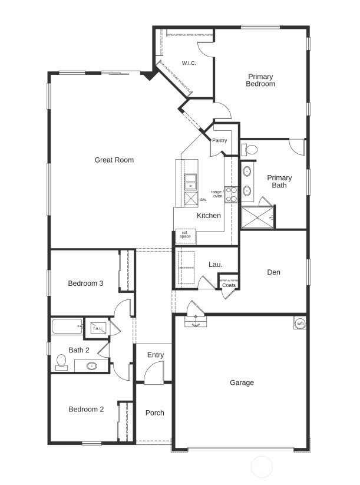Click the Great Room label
(114, 160)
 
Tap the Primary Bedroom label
(260, 80)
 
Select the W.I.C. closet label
(189, 63)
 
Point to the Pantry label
(220, 140)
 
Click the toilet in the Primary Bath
(249, 150)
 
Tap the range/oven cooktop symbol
(231, 194)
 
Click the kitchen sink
(190, 182)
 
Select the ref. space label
(186, 235)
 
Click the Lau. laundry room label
(216, 265)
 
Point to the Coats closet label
(229, 285)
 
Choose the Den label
(273, 272)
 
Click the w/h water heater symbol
(300, 324)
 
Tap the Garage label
(242, 382)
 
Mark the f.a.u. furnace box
(96, 328)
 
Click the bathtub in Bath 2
(67, 326)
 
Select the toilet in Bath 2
(61, 361)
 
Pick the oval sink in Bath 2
(92, 366)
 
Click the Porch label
(155, 413)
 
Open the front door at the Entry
(154, 373)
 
